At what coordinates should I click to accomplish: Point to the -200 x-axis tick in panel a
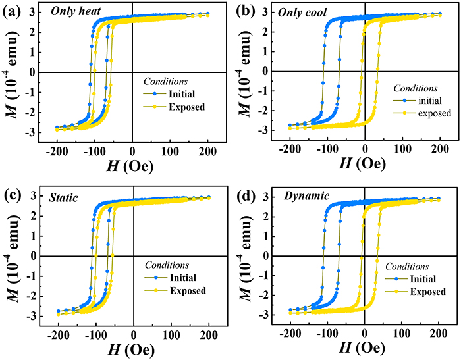click(x=55, y=151)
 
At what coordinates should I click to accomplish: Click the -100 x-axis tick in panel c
click(x=94, y=335)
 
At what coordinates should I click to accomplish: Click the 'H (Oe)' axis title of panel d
click(x=364, y=350)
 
